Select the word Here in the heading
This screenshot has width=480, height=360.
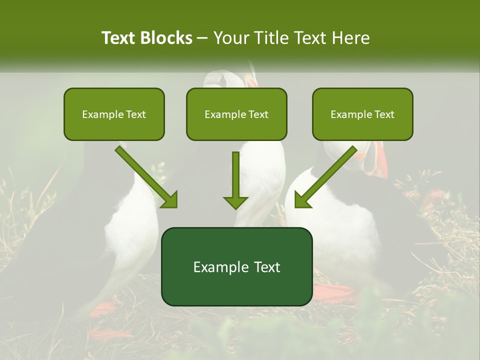352,38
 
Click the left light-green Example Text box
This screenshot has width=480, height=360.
114,114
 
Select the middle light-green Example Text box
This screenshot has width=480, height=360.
236,114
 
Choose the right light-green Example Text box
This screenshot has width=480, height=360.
362,114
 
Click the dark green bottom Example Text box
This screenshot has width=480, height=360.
236,266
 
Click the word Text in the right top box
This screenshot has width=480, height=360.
383,114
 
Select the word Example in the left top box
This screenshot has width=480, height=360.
103,114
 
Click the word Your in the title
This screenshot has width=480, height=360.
231,38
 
